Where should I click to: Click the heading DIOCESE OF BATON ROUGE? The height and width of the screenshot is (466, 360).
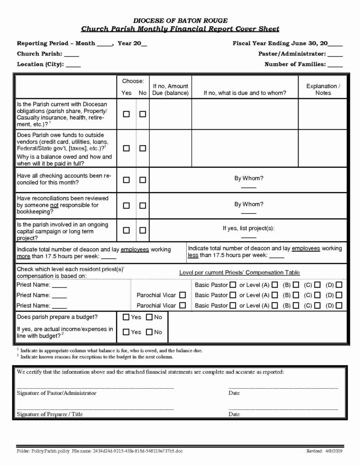point(180,20)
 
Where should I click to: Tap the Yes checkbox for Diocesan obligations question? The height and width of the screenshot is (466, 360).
point(127,114)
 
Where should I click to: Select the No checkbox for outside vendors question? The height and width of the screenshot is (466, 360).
point(143,148)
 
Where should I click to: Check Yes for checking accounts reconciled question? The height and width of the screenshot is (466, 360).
point(127,180)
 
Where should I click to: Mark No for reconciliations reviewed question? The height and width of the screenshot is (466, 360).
point(143,205)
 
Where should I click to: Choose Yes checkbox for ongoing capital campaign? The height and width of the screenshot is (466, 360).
point(127,230)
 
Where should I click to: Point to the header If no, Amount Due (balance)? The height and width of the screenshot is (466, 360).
point(170,89)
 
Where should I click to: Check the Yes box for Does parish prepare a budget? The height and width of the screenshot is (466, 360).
point(127,317)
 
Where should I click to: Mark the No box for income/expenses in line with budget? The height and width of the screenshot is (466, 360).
point(149,332)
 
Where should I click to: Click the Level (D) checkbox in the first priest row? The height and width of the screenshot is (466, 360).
point(339,285)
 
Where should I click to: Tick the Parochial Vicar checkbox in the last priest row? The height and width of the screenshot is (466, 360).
point(182,306)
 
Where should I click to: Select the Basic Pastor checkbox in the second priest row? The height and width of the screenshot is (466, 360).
point(233,295)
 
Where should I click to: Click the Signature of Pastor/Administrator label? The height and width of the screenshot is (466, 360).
point(57,393)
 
